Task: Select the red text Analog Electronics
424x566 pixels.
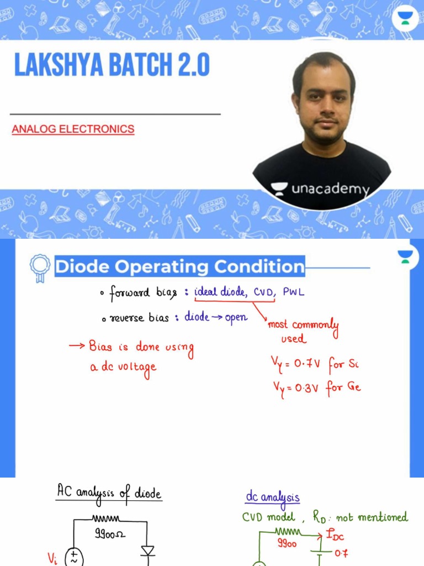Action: click(x=73, y=129)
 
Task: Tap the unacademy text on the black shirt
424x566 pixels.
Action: click(x=330, y=190)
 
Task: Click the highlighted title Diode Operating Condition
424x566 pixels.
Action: click(x=179, y=267)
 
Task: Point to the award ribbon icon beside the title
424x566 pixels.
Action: click(x=40, y=268)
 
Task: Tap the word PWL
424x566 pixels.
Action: click(x=293, y=292)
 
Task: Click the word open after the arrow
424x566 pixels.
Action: click(x=236, y=317)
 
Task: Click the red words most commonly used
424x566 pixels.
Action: click(x=303, y=331)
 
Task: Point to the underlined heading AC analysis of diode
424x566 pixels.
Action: click(x=109, y=491)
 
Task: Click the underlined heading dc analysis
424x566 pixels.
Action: click(x=273, y=497)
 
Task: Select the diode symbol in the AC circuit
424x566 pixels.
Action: click(x=147, y=551)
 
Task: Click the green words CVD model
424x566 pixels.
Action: click(x=269, y=517)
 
